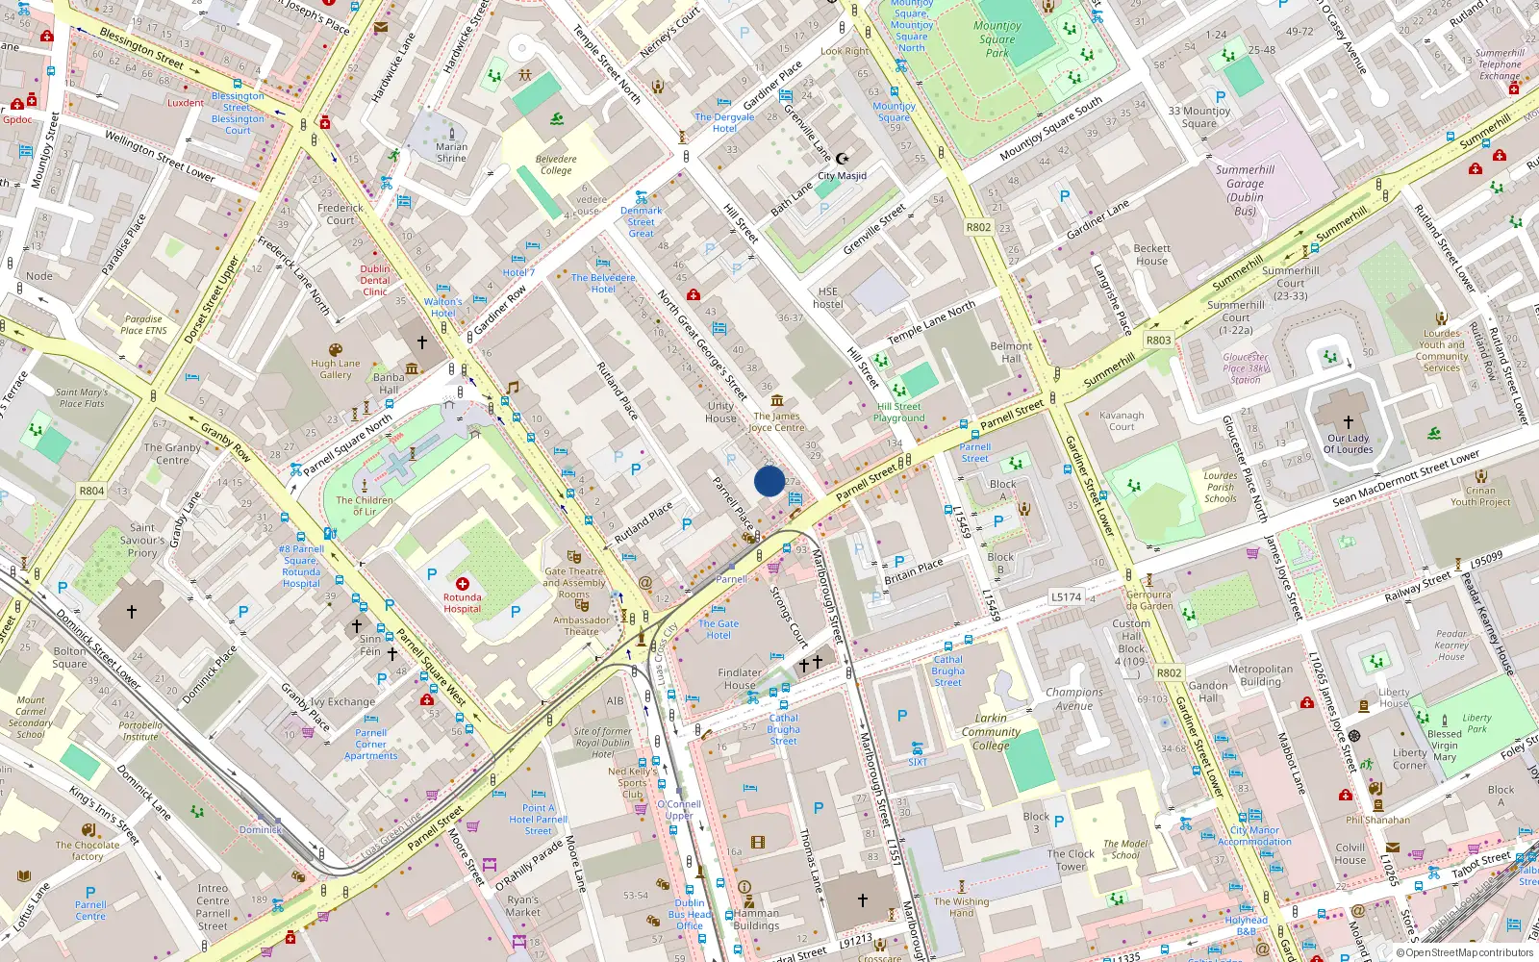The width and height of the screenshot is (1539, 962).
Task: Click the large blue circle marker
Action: pyautogui.click(x=769, y=481)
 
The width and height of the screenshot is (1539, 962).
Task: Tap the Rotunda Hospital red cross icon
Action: pyautogui.click(x=463, y=584)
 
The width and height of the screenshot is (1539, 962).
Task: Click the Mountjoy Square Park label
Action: pyautogui.click(x=997, y=39)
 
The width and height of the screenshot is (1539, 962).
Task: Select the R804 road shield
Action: pyautogui.click(x=91, y=491)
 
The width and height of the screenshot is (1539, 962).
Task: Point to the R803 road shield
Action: pyautogui.click(x=1158, y=340)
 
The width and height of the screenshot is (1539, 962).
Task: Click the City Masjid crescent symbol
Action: pyautogui.click(x=843, y=159)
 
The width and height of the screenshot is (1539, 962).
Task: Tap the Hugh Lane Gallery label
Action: pyautogui.click(x=336, y=369)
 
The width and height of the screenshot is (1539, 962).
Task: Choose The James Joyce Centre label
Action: pyautogui.click(x=776, y=422)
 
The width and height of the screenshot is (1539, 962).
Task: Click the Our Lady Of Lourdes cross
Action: pyautogui.click(x=1348, y=422)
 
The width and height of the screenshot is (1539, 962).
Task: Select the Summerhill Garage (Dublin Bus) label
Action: pyautogui.click(x=1245, y=190)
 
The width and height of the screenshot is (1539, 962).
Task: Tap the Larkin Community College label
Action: pyautogui.click(x=991, y=731)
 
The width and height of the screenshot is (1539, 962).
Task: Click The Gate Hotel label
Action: pyautogui.click(x=719, y=629)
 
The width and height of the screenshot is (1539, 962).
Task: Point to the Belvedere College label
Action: pyautogui.click(x=556, y=165)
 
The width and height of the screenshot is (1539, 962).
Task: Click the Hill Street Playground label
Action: pyautogui.click(x=899, y=412)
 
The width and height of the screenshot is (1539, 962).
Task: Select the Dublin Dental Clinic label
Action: pyautogui.click(x=375, y=280)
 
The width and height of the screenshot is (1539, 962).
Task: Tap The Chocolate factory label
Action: pyautogui.click(x=88, y=850)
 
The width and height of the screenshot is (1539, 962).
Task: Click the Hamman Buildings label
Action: pyautogui.click(x=756, y=920)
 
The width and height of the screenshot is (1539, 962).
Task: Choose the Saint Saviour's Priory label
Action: pyautogui.click(x=142, y=540)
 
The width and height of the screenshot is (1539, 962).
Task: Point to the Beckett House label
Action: pyautogui.click(x=1151, y=254)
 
